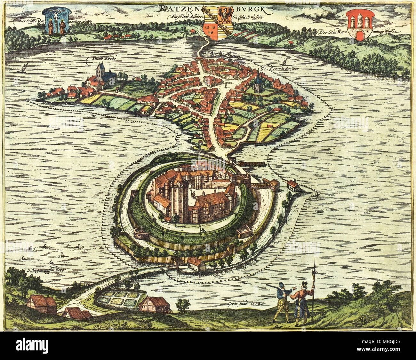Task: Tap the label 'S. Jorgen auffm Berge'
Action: coord(46,270)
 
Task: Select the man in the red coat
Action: coord(302,302)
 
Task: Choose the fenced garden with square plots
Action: coord(118,300)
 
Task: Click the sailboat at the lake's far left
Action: coord(24,68)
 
